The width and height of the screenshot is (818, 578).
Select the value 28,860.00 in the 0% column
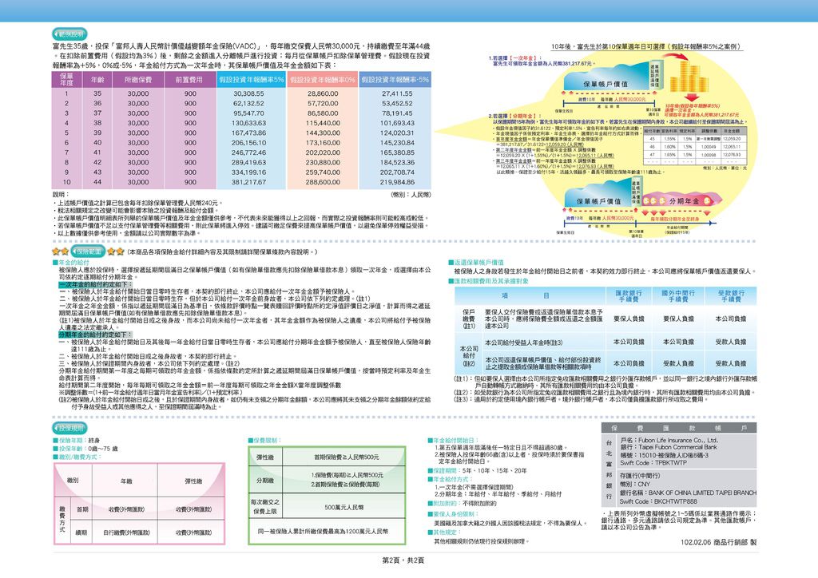pyautogui.click(x=322, y=93)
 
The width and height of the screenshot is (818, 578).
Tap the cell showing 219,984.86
pyautogui.click(x=397, y=182)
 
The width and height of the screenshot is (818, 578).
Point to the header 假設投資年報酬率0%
pyautogui.click(x=322, y=80)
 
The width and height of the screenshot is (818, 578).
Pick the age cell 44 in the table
pyautogui.click(x=97, y=182)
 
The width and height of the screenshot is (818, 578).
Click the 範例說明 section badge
pyautogui.click(x=67, y=35)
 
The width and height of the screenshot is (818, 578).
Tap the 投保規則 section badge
pyautogui.click(x=78, y=428)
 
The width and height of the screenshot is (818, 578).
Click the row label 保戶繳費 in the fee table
pyautogui.click(x=469, y=319)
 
